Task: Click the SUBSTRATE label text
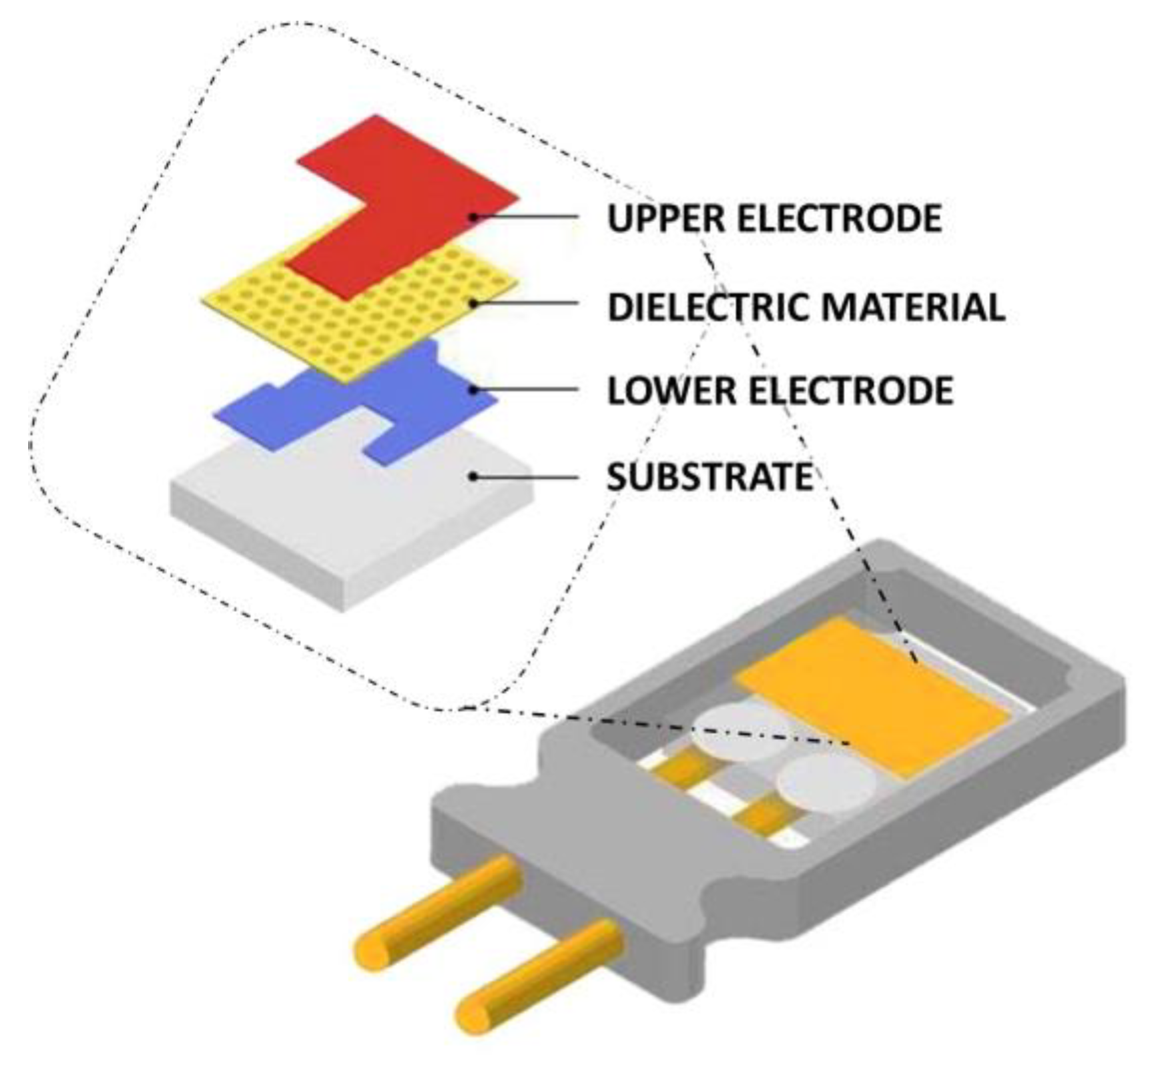click(x=710, y=476)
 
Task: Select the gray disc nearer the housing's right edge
click(x=826, y=786)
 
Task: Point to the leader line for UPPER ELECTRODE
click(x=526, y=216)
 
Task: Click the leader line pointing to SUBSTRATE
click(x=526, y=477)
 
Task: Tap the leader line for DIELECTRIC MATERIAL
click(x=526, y=304)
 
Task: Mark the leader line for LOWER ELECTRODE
click(x=526, y=390)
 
